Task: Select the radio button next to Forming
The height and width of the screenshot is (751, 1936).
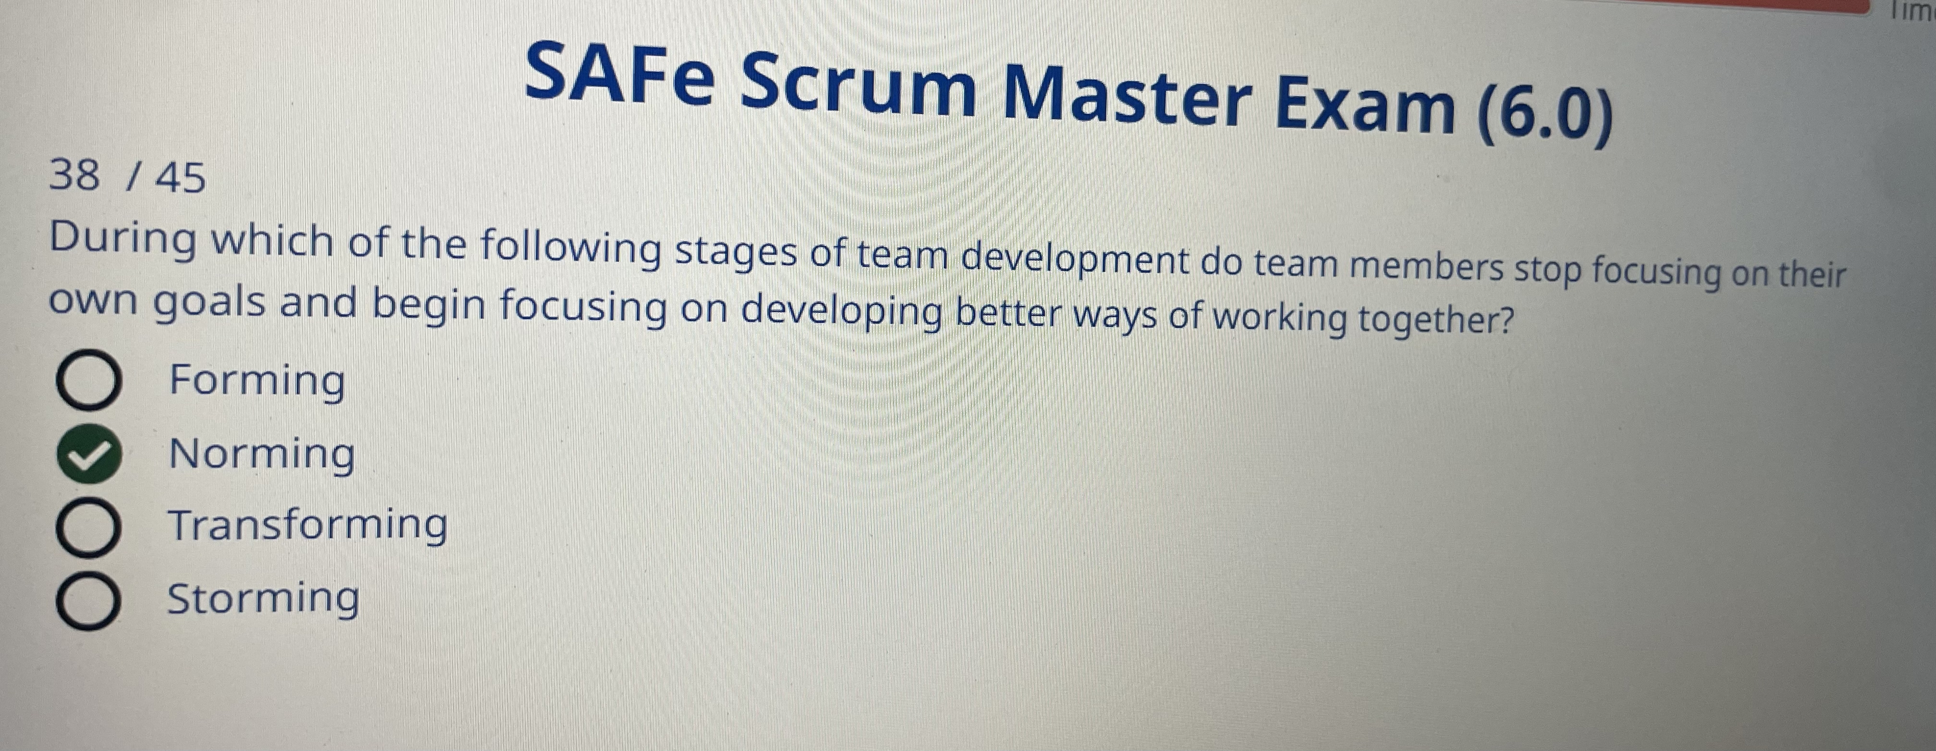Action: tap(88, 381)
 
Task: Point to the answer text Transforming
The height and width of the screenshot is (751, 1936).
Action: tap(307, 525)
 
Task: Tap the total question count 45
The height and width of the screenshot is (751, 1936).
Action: tap(180, 178)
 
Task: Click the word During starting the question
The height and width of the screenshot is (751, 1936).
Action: tap(123, 239)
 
